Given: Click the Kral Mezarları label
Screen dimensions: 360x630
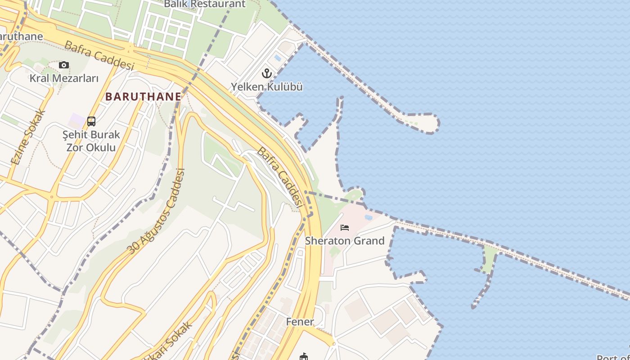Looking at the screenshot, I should point(64,78).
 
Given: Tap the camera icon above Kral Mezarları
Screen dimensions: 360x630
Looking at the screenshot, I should point(64,65).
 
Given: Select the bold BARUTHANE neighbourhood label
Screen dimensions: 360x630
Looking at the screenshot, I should point(143,96).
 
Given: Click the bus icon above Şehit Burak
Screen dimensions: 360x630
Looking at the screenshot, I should point(91,121).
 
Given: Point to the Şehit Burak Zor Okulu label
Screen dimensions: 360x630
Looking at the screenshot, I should point(91,141).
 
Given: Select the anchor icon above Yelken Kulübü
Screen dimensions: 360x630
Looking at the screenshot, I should point(267,73).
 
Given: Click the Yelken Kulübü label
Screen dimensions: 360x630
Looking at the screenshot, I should point(267,87).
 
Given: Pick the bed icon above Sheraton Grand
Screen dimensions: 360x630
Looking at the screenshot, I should point(345,228).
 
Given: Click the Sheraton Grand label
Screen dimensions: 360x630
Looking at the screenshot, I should point(345,241).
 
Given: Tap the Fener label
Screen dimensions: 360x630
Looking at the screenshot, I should point(300,322).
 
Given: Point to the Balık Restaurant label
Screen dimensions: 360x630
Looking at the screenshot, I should point(205,4).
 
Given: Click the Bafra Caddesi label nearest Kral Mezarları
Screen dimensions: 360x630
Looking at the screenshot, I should point(99,55).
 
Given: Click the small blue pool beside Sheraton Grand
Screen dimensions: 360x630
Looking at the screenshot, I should point(369,217).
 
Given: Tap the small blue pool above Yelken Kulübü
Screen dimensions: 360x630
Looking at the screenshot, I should point(278,58).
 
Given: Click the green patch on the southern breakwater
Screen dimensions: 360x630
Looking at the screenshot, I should point(489,259).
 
